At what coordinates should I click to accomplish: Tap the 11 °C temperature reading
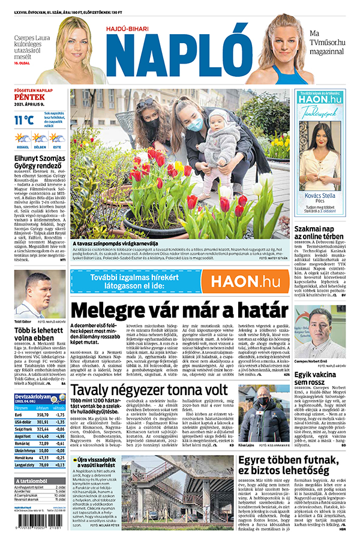25,120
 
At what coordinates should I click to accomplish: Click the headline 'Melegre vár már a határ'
179,310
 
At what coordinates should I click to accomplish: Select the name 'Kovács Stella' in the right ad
320,194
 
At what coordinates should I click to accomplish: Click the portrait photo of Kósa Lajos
257,405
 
